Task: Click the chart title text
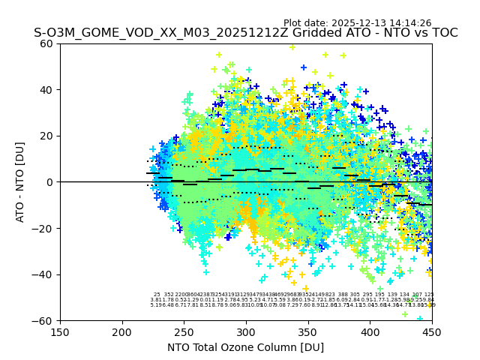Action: (x=245, y=33)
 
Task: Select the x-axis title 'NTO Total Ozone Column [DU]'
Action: (x=245, y=347)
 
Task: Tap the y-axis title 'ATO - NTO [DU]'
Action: (x=20, y=182)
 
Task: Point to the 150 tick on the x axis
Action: (x=60, y=331)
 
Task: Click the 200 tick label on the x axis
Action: (x=122, y=331)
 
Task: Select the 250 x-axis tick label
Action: (x=184, y=331)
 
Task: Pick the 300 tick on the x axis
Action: (x=246, y=331)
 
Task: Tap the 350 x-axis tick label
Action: (x=307, y=331)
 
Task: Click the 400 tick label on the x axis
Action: (x=370, y=331)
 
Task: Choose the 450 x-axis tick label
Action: (x=431, y=331)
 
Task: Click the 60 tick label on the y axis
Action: (x=47, y=43)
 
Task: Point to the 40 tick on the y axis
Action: (x=47, y=90)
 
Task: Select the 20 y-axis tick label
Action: (x=47, y=136)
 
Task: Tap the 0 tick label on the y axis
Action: (x=50, y=182)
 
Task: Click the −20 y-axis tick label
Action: (x=44, y=228)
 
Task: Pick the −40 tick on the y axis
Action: (x=44, y=274)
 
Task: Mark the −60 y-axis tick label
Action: (x=44, y=320)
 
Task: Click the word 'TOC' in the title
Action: (x=443, y=33)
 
